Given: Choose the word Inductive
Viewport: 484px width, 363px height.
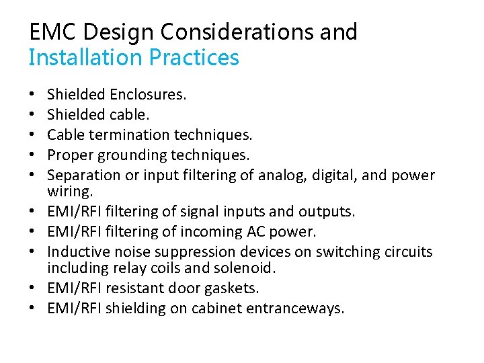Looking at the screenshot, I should pyautogui.click(x=75, y=252).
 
